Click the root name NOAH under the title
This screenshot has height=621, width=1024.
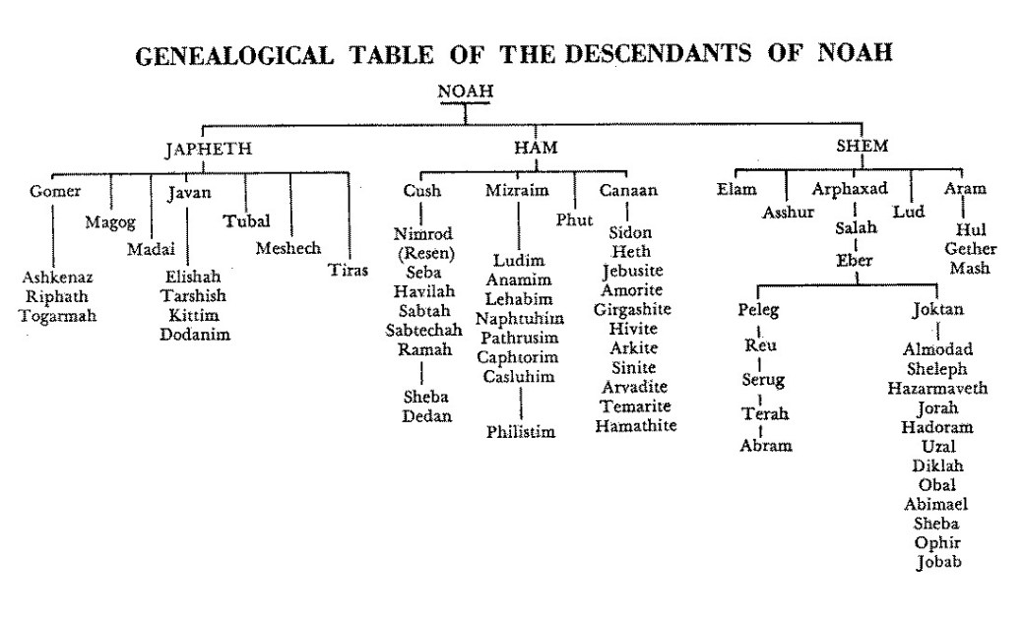click(465, 91)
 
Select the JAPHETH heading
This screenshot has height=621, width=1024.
click(209, 149)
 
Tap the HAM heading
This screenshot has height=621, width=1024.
click(536, 147)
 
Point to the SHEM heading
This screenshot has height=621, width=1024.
click(863, 146)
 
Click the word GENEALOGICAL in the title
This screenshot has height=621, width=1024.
click(234, 55)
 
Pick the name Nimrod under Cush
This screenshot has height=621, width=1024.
click(423, 234)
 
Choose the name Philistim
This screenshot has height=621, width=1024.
click(521, 432)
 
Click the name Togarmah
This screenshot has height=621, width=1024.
click(57, 316)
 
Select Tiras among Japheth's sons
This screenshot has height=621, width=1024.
click(349, 270)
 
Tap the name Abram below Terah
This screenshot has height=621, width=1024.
click(766, 446)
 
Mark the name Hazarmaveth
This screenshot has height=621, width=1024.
click(937, 389)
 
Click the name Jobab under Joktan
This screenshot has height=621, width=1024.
click(939, 562)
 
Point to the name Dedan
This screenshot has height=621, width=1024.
click(427, 416)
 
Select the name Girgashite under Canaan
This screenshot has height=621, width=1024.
click(632, 310)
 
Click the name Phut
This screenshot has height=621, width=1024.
click(574, 220)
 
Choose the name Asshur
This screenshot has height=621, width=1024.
click(789, 213)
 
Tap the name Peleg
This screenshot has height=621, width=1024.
click(759, 310)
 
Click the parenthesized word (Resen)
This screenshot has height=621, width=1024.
click(425, 253)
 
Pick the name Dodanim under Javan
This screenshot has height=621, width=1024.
click(195, 335)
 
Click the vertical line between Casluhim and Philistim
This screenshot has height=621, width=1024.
click(521, 403)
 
